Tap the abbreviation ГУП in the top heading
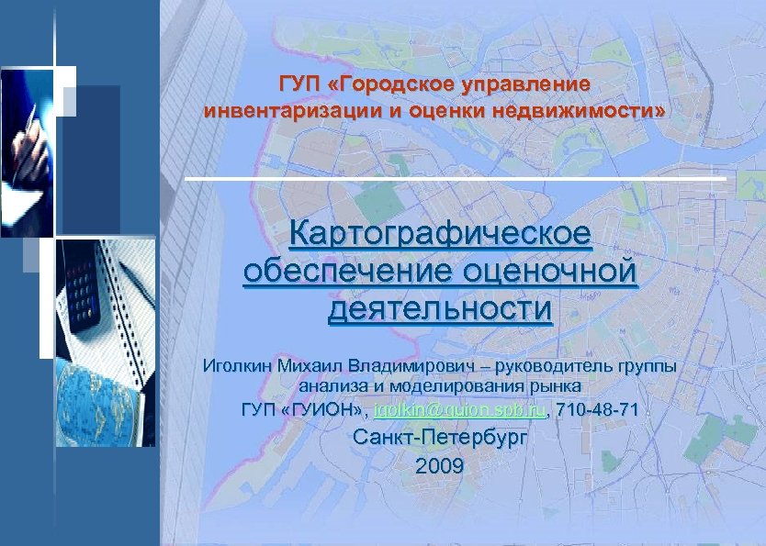coord(299,85)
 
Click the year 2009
coord(441,466)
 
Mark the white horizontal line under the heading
coord(455,178)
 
